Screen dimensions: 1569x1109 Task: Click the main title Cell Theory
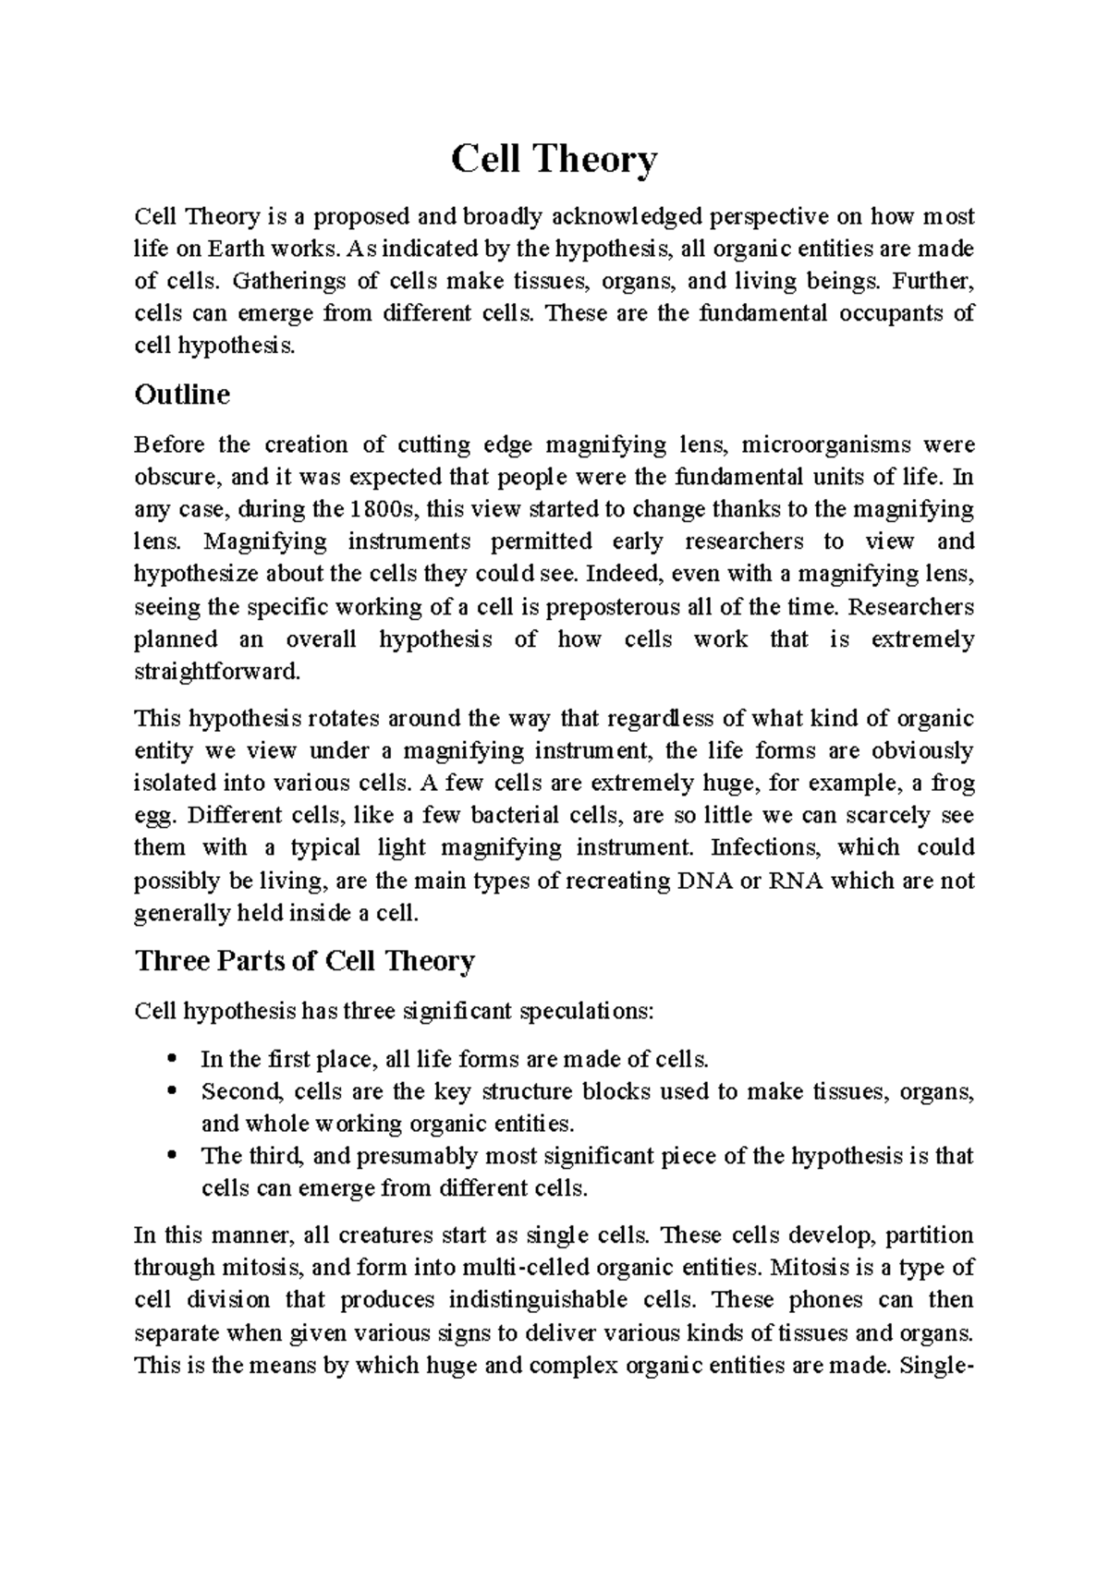coord(554,160)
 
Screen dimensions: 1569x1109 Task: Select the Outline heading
coord(182,395)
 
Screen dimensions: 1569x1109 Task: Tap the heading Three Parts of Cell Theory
coord(305,961)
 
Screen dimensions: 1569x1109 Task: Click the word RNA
coord(793,881)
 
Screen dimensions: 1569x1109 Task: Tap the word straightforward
coord(217,672)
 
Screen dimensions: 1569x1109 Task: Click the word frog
coord(953,784)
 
